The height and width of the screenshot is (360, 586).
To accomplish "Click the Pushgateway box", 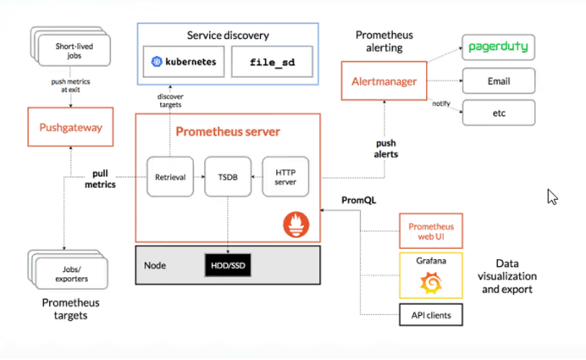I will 64,128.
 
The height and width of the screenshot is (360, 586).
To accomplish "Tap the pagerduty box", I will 499,47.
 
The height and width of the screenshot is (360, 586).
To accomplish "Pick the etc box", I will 499,112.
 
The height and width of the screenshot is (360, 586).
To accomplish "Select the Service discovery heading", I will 229,36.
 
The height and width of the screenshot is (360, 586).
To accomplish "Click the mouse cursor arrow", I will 552,197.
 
